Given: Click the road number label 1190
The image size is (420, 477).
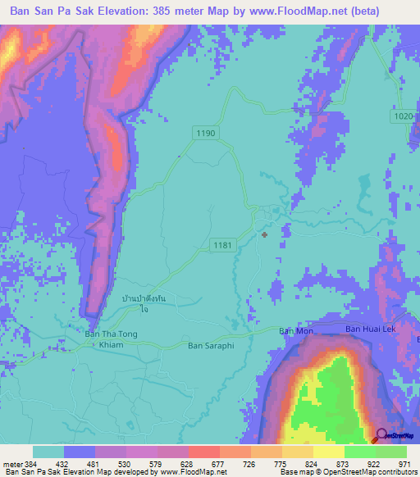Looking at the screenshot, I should [x=206, y=133].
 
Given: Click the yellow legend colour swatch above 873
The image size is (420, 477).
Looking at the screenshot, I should [x=328, y=452].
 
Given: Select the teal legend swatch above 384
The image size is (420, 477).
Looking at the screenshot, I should [x=48, y=452].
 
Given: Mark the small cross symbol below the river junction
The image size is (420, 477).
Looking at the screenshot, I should [x=264, y=234].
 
